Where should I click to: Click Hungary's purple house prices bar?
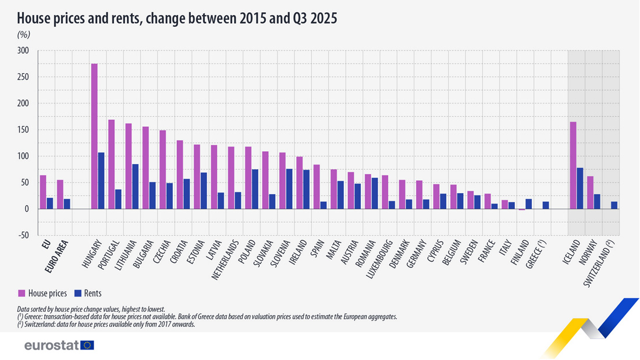point(94,136)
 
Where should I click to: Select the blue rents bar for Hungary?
point(101,180)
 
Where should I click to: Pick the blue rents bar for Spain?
point(323,205)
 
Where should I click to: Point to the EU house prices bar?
point(43,192)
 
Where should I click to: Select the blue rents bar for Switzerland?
point(614,205)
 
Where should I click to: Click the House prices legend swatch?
point(22,293)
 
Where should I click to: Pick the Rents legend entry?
point(91,293)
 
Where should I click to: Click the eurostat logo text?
point(51,345)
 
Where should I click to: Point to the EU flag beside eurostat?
point(88,345)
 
